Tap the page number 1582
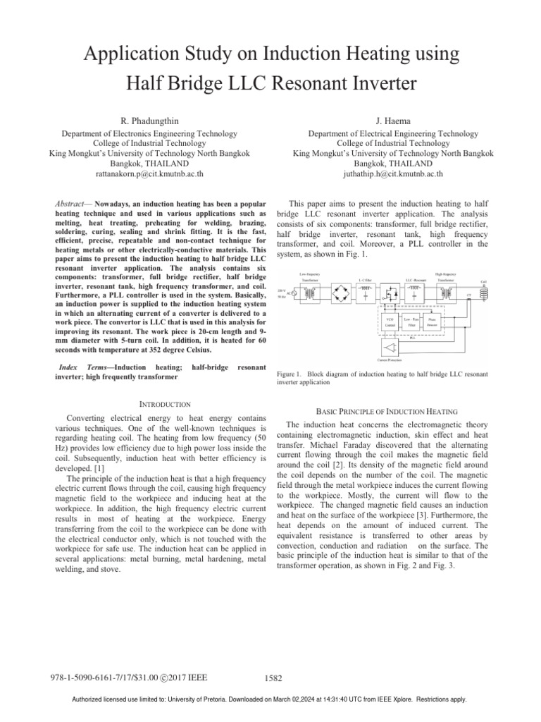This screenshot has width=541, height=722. point(273,678)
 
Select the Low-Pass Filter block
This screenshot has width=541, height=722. point(411,324)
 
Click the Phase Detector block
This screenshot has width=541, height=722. point(435,324)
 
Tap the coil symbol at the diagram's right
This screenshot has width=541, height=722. point(484,290)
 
